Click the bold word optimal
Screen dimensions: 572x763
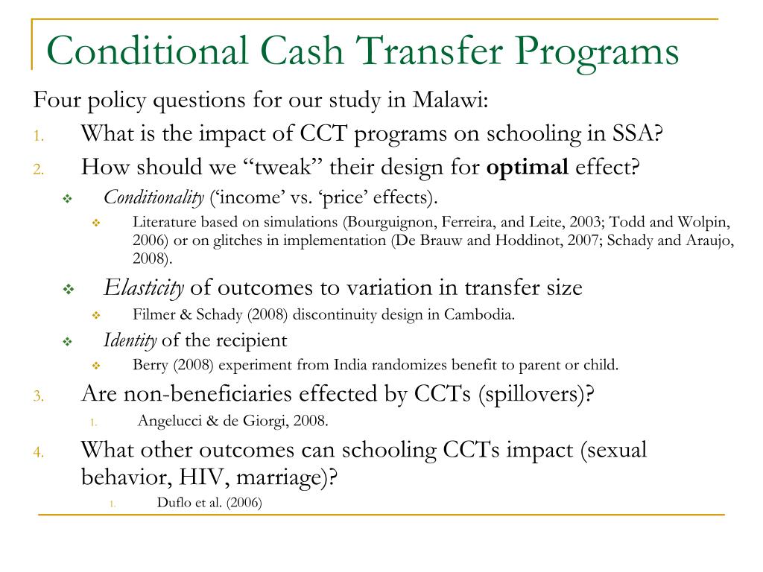point(527,166)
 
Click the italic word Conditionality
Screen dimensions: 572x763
point(153,197)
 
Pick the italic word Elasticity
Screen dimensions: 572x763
point(144,287)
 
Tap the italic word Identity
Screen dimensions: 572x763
point(130,341)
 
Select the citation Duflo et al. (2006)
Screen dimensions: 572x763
point(209,503)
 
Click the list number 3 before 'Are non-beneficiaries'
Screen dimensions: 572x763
point(38,395)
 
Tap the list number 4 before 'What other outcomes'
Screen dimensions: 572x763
point(38,451)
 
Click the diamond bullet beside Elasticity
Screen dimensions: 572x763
point(67,289)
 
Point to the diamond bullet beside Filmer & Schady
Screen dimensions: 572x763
point(96,316)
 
